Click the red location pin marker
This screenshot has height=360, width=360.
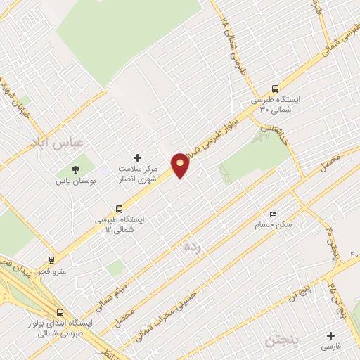181,165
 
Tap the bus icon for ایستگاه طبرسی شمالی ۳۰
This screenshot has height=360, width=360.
275,89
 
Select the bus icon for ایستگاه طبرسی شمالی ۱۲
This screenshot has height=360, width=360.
119,209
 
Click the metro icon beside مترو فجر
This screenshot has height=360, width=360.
51,259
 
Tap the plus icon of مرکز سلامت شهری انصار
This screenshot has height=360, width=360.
137,157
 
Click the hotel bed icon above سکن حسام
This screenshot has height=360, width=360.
273,214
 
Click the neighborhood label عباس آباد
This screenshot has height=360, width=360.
57,143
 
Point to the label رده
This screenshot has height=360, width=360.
191,247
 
